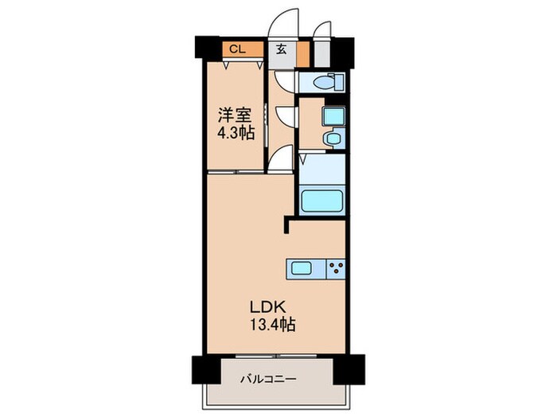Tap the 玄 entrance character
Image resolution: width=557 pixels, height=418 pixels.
tap(282, 49)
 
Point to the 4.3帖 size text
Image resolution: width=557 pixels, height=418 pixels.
tap(236, 133)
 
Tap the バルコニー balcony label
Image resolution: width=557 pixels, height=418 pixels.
tap(269, 379)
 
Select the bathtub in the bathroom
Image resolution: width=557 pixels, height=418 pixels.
tap(322, 200)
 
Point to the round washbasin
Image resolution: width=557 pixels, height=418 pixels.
tap(332, 139)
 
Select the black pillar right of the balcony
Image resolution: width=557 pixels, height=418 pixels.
tap(348, 369)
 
